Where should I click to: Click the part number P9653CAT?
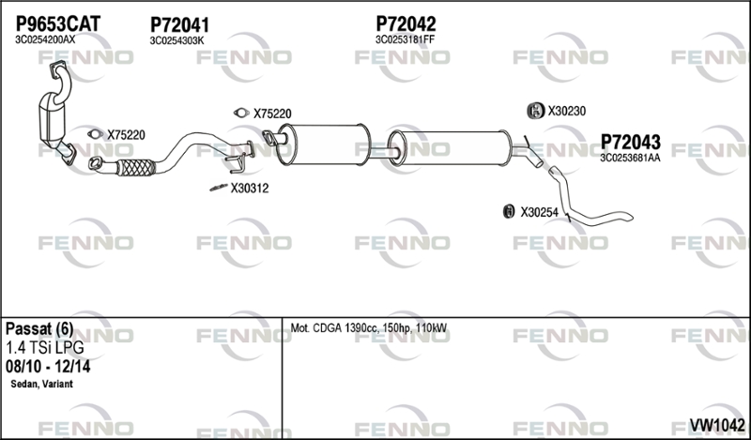point(58,23)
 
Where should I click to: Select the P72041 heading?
point(179,25)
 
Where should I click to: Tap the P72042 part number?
point(406,23)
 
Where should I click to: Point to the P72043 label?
point(630,142)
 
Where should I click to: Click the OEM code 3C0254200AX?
point(45,39)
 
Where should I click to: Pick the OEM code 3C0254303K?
point(176,40)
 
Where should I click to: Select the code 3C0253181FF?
point(405,39)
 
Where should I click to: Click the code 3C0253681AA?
point(630,158)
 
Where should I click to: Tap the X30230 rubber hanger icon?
point(535,111)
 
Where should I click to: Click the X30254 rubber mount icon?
point(509,211)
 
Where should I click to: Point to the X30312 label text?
point(250,189)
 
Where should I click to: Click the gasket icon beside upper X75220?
point(241,113)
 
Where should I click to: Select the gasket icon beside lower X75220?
point(96,134)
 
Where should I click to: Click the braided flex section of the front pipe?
point(136,168)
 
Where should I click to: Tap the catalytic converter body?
point(52,117)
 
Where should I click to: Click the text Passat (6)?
point(39,329)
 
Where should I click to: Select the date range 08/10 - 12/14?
point(48,367)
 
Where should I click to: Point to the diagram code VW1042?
point(717,425)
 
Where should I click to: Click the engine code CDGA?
point(328,328)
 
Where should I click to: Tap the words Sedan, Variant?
point(41,384)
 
